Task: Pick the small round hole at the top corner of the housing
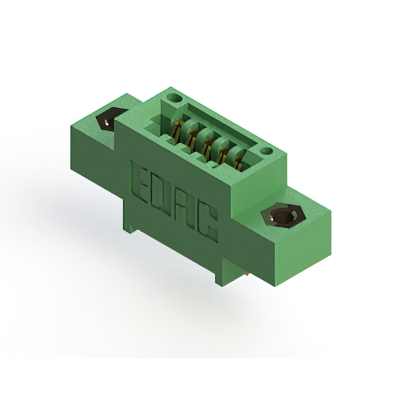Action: (x=175, y=98)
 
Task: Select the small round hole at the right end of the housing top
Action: (x=267, y=151)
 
